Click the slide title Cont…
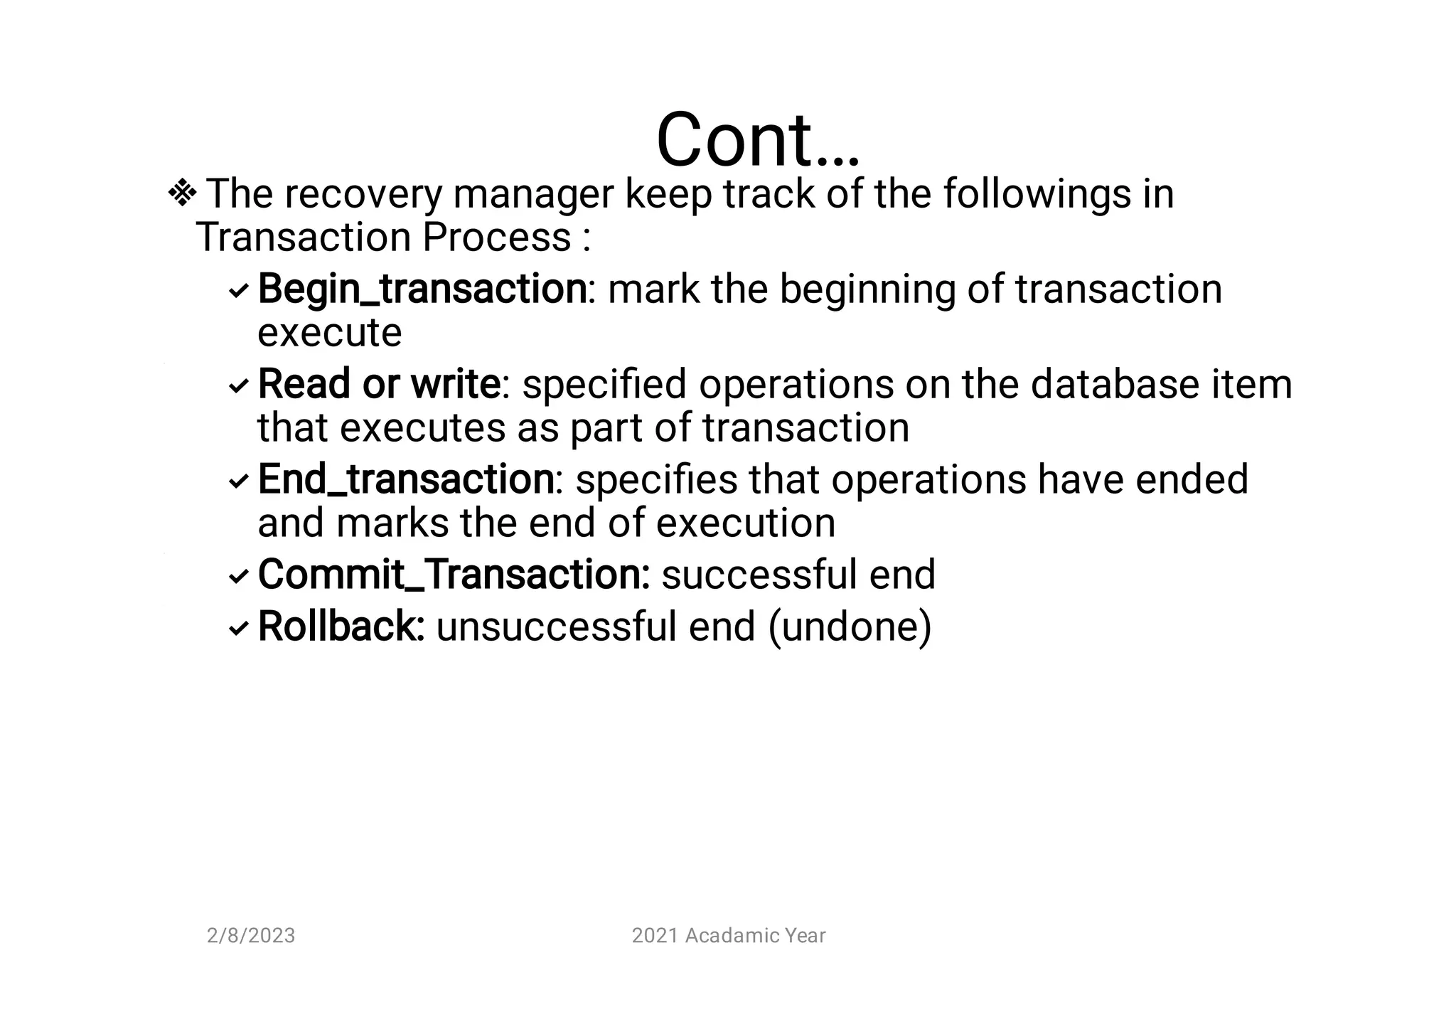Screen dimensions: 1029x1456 tap(757, 140)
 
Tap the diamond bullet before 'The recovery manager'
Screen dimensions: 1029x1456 tap(182, 193)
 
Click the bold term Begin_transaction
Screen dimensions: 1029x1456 tap(422, 289)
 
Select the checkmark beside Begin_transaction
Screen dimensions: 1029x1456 tap(238, 290)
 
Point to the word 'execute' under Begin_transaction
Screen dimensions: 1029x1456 tap(329, 332)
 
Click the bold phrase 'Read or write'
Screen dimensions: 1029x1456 tap(379, 384)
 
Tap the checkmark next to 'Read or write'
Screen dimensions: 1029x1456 tap(238, 385)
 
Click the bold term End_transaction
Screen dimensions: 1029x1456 tap(406, 479)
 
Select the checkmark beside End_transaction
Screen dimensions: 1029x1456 tap(238, 481)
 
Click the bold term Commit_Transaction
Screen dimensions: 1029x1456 tap(453, 574)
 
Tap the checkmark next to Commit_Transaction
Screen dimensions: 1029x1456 tap(238, 576)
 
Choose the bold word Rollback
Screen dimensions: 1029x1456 tap(341, 626)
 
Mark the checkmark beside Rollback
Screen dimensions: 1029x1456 tap(238, 628)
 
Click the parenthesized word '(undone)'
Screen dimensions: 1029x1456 tap(850, 627)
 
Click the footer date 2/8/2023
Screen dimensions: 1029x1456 tap(251, 935)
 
